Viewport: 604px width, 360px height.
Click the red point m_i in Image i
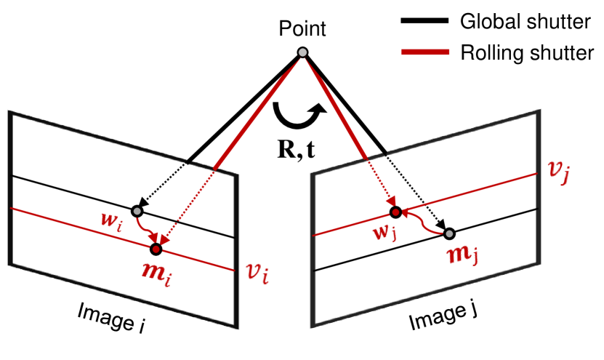[x=156, y=249]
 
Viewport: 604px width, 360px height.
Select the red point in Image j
[x=395, y=212]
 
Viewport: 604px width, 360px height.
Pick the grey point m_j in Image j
[x=450, y=233]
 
